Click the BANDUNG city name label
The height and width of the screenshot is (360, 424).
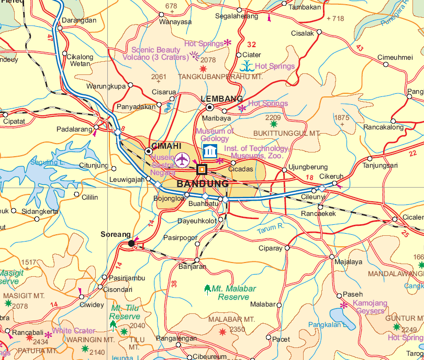[203, 184]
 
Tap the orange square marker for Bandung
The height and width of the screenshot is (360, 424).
[202, 169]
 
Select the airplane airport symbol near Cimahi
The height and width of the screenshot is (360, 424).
[182, 159]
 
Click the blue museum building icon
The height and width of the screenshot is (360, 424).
[210, 151]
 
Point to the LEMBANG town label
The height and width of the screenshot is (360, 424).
[222, 99]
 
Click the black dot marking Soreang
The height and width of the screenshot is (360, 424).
[131, 243]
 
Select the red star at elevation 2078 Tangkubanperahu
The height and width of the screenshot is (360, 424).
[203, 69]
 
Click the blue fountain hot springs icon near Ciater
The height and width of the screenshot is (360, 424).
[246, 66]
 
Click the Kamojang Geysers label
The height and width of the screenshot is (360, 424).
[370, 307]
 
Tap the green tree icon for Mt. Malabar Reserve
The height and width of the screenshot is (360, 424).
[207, 289]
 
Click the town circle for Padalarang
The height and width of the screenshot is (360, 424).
[97, 128]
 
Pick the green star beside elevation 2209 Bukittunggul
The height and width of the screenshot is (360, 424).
[273, 125]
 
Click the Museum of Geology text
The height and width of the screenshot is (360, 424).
[215, 135]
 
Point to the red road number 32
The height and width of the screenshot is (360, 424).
[252, 45]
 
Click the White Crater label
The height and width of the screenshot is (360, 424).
[73, 331]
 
